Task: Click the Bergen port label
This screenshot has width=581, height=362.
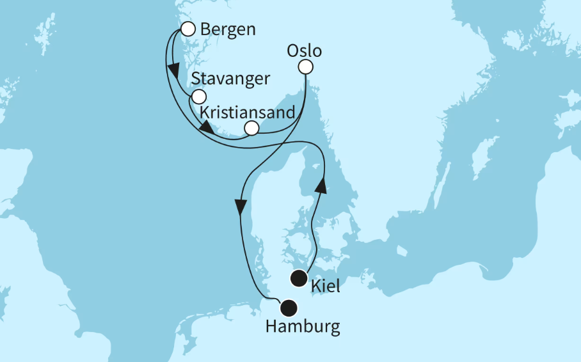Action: click(x=228, y=29)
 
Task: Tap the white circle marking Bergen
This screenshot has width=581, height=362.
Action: click(x=187, y=29)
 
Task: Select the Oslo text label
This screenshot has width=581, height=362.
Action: click(x=305, y=51)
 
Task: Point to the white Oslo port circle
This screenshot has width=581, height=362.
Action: click(x=306, y=67)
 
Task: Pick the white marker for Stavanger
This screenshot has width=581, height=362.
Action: click(x=199, y=97)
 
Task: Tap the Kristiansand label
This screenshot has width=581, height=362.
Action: click(x=248, y=112)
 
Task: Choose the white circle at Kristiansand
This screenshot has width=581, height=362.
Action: click(x=252, y=129)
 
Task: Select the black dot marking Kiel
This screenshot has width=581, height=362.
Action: click(x=298, y=278)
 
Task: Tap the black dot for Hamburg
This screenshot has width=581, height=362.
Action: click(x=289, y=308)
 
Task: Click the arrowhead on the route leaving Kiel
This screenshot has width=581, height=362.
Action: click(x=322, y=185)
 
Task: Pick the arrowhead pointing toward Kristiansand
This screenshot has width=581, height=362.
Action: click(x=207, y=128)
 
